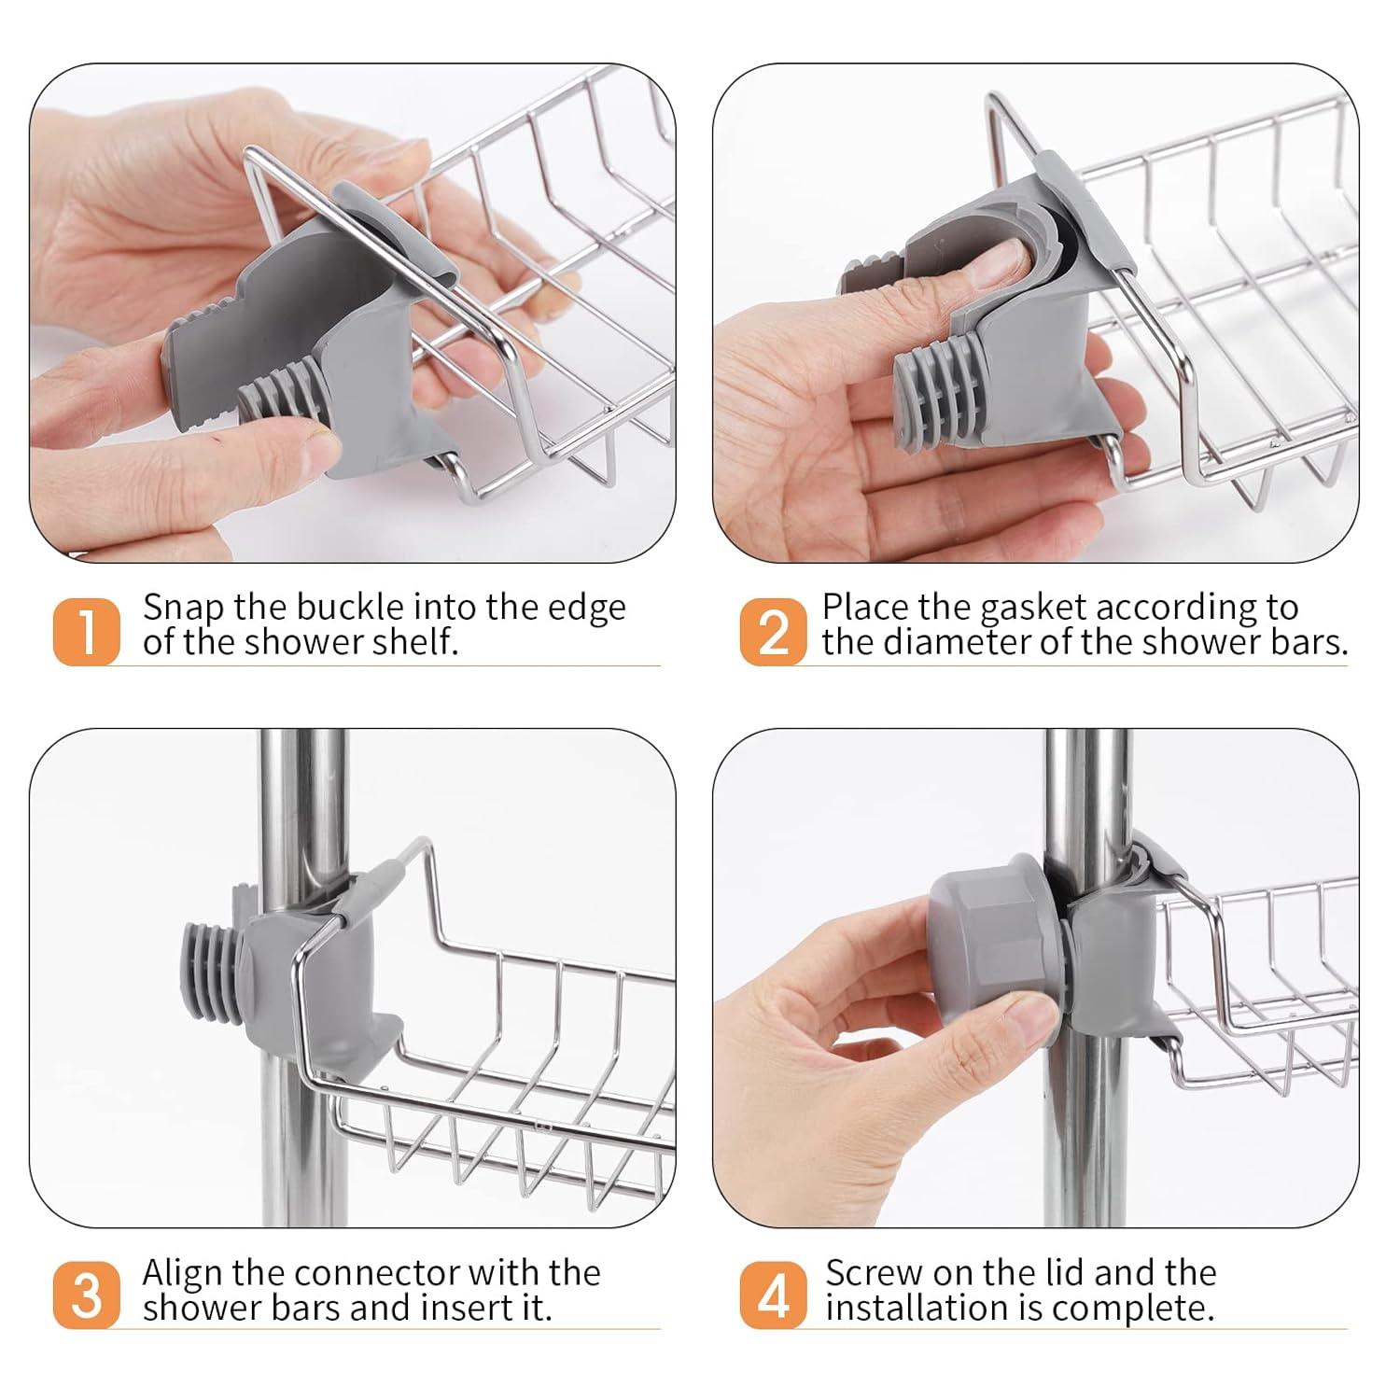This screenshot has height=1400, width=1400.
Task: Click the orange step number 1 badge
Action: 86,631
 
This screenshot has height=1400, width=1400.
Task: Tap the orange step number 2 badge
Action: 773,631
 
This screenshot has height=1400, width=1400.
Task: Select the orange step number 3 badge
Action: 86,1295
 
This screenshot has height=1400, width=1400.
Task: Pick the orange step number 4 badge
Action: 773,1295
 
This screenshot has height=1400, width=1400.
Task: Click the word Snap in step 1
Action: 183,609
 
